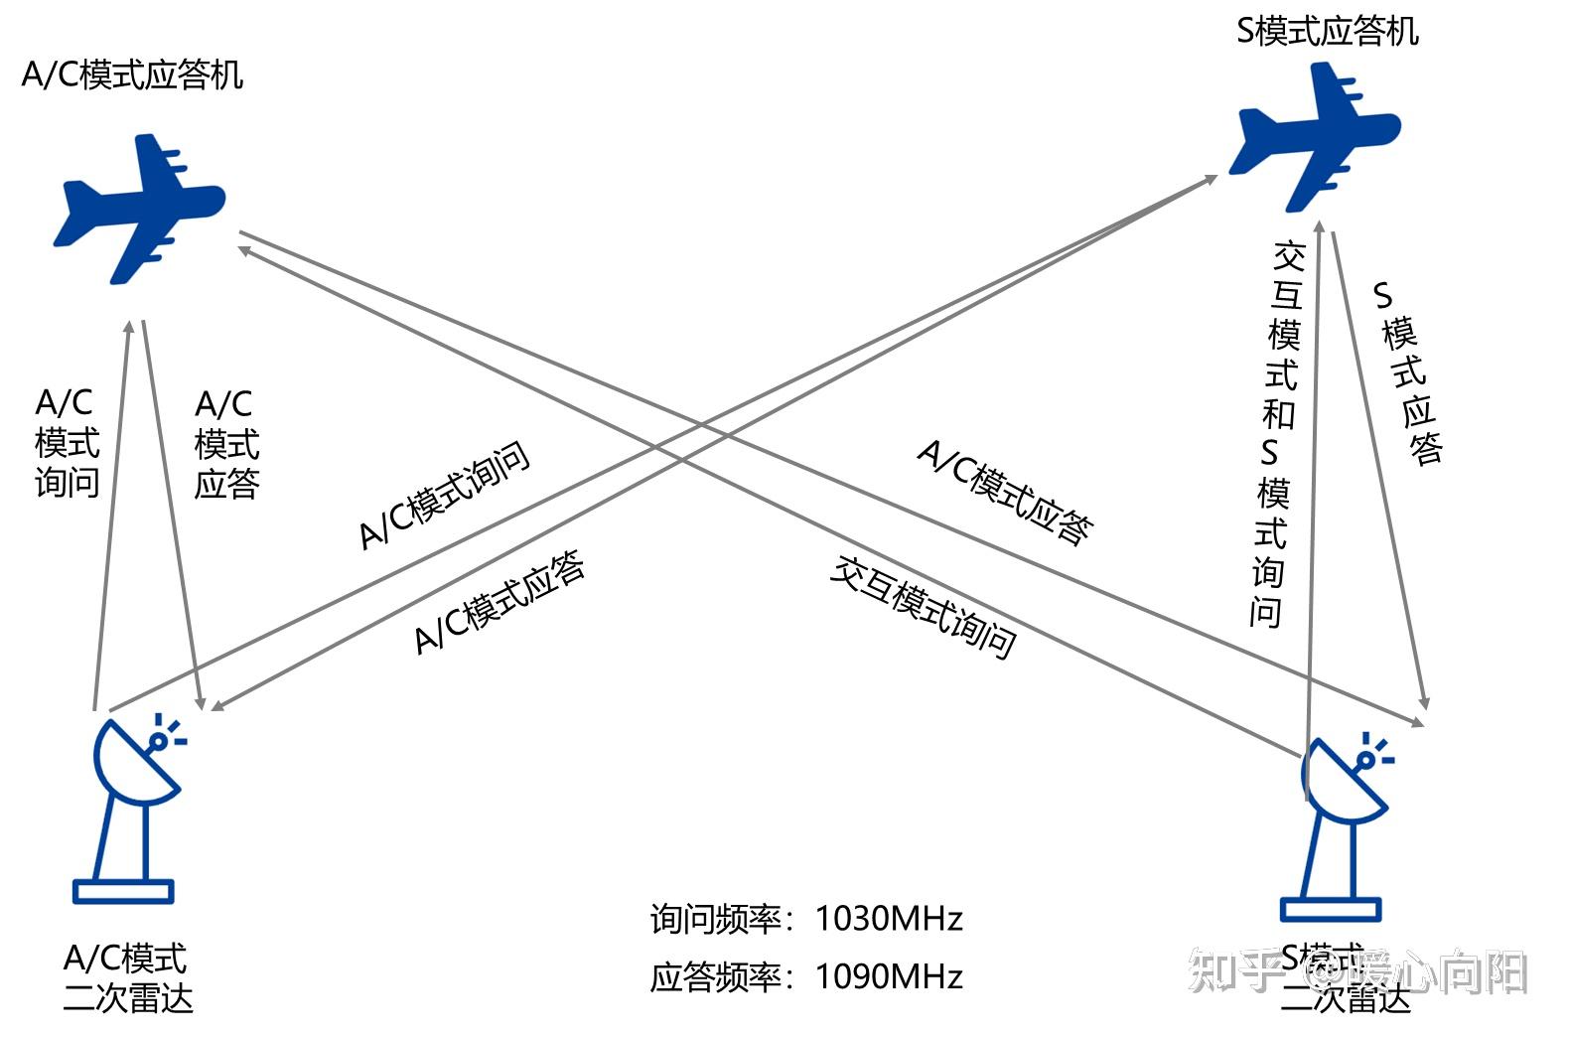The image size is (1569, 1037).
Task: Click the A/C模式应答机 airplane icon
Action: [x=139, y=208]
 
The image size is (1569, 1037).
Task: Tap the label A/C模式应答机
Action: [x=132, y=75]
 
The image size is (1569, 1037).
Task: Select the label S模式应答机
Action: [x=1327, y=32]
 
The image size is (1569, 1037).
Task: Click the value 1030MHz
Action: [x=889, y=919]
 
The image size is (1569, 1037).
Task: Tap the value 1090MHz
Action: [x=889, y=977]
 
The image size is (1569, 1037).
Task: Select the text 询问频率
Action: [x=715, y=919]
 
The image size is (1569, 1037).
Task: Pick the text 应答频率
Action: [x=715, y=977]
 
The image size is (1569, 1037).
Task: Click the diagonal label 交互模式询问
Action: [x=924, y=607]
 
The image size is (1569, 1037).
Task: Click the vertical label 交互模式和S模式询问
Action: [x=1277, y=433]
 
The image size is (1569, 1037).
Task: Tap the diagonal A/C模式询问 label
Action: [x=444, y=495]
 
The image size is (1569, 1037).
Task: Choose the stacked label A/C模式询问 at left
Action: [x=67, y=443]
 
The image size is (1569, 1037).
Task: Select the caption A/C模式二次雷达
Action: [x=127, y=978]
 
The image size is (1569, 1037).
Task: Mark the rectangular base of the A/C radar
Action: [x=123, y=891]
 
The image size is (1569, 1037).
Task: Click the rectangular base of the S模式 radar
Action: [x=1331, y=909]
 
